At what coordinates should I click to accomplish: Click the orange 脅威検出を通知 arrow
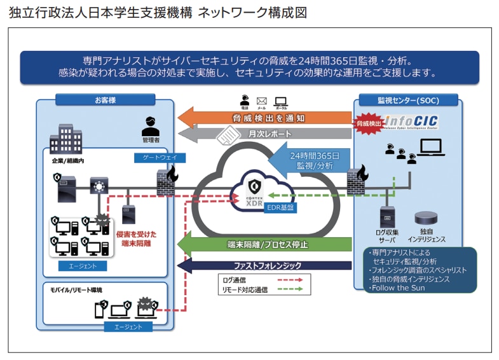click(267, 118)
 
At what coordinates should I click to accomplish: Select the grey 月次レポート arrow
click(267, 134)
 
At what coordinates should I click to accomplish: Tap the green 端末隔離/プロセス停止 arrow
click(267, 245)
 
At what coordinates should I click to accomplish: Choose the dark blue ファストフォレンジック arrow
click(267, 265)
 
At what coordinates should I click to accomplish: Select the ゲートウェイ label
click(151, 157)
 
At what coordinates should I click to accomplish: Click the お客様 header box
click(105, 100)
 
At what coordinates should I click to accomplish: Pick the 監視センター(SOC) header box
click(407, 100)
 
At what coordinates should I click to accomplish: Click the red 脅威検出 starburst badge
click(370, 123)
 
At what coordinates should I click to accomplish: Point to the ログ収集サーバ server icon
click(386, 217)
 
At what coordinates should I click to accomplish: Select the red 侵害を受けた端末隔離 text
click(136, 239)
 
